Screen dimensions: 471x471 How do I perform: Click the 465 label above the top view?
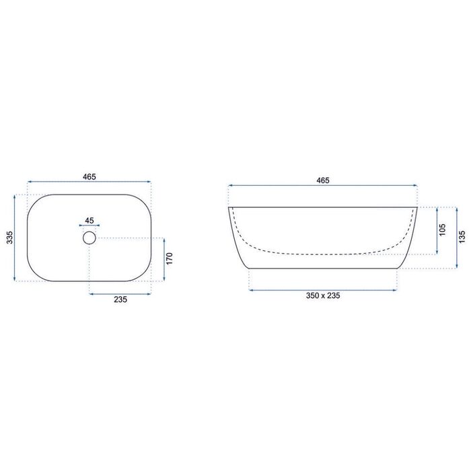[89, 176]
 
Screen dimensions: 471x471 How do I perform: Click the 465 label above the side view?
[323, 180]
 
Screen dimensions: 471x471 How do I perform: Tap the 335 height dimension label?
[9, 238]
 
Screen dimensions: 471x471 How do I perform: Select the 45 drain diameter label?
[89, 221]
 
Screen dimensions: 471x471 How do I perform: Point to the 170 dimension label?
[170, 258]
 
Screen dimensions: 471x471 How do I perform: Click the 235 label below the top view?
[120, 299]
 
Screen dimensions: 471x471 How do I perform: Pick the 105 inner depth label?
[443, 230]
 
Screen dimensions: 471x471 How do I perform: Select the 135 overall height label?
[462, 237]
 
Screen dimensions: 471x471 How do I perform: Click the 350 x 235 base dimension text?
[323, 295]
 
